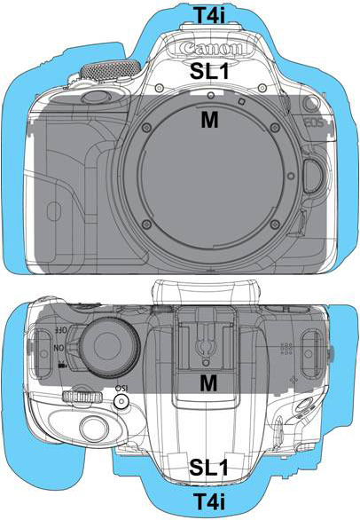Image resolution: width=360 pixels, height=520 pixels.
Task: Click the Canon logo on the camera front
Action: (211, 49)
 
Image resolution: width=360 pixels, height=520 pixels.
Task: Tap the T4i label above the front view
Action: (209, 16)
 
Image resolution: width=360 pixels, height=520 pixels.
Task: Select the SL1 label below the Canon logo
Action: (209, 71)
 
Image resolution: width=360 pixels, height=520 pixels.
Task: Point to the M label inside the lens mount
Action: (209, 120)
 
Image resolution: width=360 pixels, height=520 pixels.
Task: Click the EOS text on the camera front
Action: (314, 123)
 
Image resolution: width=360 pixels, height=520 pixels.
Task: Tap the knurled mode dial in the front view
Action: (110, 70)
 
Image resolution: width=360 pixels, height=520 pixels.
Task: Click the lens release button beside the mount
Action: (315, 176)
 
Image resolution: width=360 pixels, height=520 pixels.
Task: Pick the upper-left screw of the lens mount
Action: (146, 127)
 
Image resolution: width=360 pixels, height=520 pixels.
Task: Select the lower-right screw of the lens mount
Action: (274, 225)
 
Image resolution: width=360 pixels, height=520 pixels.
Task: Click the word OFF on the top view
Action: (60, 330)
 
